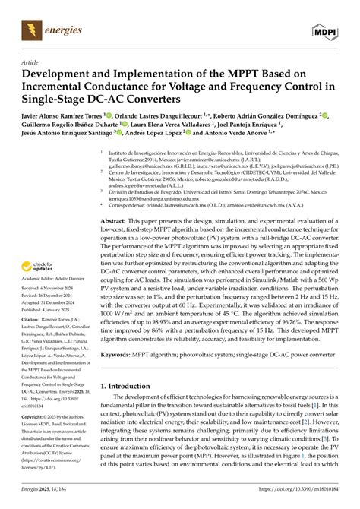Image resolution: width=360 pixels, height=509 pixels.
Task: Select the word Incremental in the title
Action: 57,90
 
